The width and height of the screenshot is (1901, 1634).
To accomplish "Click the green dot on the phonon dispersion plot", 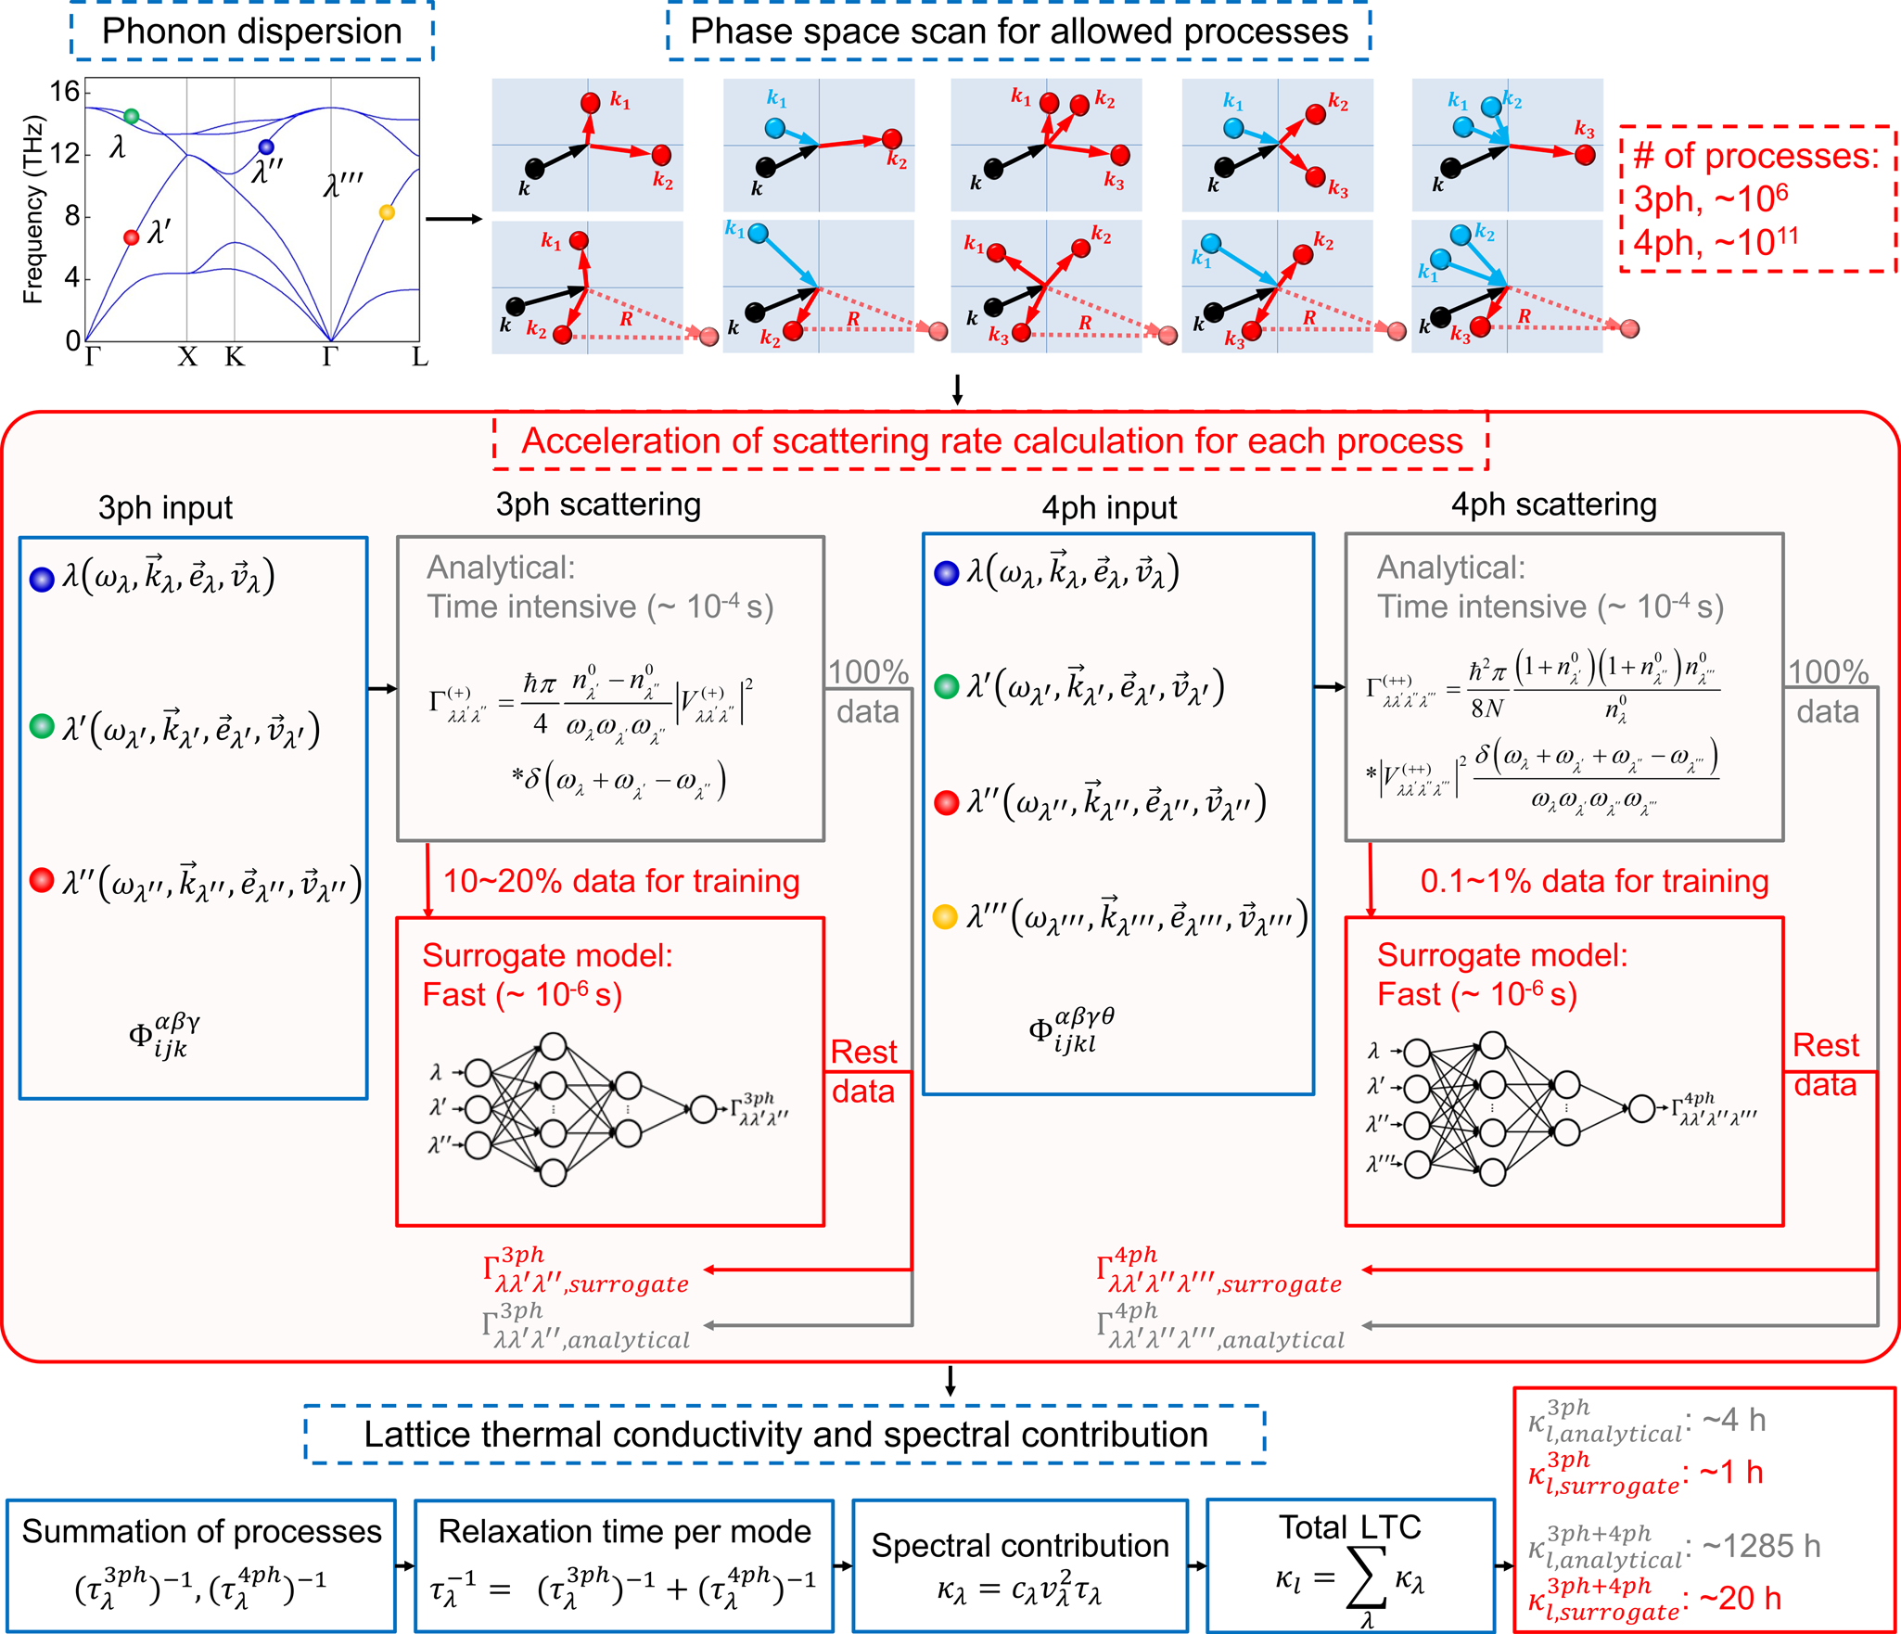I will [x=132, y=116].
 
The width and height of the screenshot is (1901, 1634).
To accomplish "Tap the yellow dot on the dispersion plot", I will [x=387, y=212].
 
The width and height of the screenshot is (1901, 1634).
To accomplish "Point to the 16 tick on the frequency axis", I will [x=65, y=92].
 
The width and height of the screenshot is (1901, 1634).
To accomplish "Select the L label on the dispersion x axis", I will [x=420, y=358].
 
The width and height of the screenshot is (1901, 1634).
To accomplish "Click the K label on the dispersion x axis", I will [x=235, y=358].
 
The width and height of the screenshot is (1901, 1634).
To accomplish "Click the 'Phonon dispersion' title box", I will [x=251, y=32].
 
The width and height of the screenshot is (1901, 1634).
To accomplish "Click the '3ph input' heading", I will [x=165, y=508].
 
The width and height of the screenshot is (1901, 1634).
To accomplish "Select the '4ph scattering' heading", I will [x=1553, y=504].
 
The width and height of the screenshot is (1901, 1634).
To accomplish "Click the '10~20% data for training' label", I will [x=620, y=881].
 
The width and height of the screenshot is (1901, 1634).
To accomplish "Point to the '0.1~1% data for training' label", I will [x=1594, y=881].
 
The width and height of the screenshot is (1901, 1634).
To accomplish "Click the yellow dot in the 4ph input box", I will [x=945, y=917].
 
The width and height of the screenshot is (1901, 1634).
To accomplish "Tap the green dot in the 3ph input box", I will [x=42, y=726].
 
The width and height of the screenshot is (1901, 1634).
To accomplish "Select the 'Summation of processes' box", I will [x=201, y=1565].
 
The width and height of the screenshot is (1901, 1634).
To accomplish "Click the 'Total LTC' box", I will [x=1350, y=1565].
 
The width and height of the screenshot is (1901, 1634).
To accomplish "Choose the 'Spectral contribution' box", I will [x=1020, y=1565].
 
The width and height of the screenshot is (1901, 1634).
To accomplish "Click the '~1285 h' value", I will [x=1761, y=1546].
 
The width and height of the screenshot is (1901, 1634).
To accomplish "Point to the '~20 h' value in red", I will [x=1740, y=1598].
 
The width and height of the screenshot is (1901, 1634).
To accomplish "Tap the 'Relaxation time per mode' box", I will [x=624, y=1565].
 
